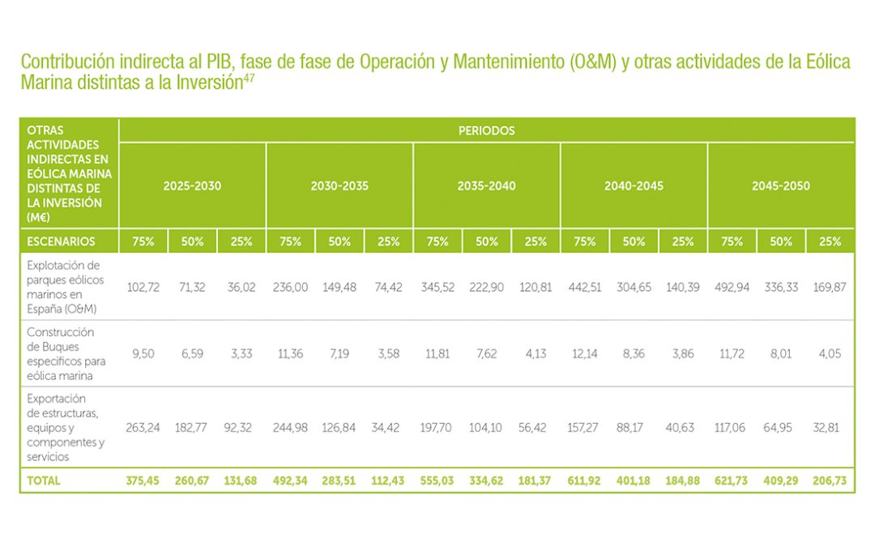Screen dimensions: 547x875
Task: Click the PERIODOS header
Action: point(486,130)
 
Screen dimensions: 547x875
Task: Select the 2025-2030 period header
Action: point(192,186)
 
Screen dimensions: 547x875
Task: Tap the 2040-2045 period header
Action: point(634,186)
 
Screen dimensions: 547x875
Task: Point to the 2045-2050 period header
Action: point(780,186)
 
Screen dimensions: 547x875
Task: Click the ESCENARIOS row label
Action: point(61,241)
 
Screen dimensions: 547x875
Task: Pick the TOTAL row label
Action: point(44,481)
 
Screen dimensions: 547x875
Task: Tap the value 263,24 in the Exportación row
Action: point(143,427)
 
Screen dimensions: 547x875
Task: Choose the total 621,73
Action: point(732,481)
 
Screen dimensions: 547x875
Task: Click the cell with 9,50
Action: point(143,353)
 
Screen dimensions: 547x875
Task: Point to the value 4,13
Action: point(536,353)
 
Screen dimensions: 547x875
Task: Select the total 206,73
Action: point(830,481)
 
